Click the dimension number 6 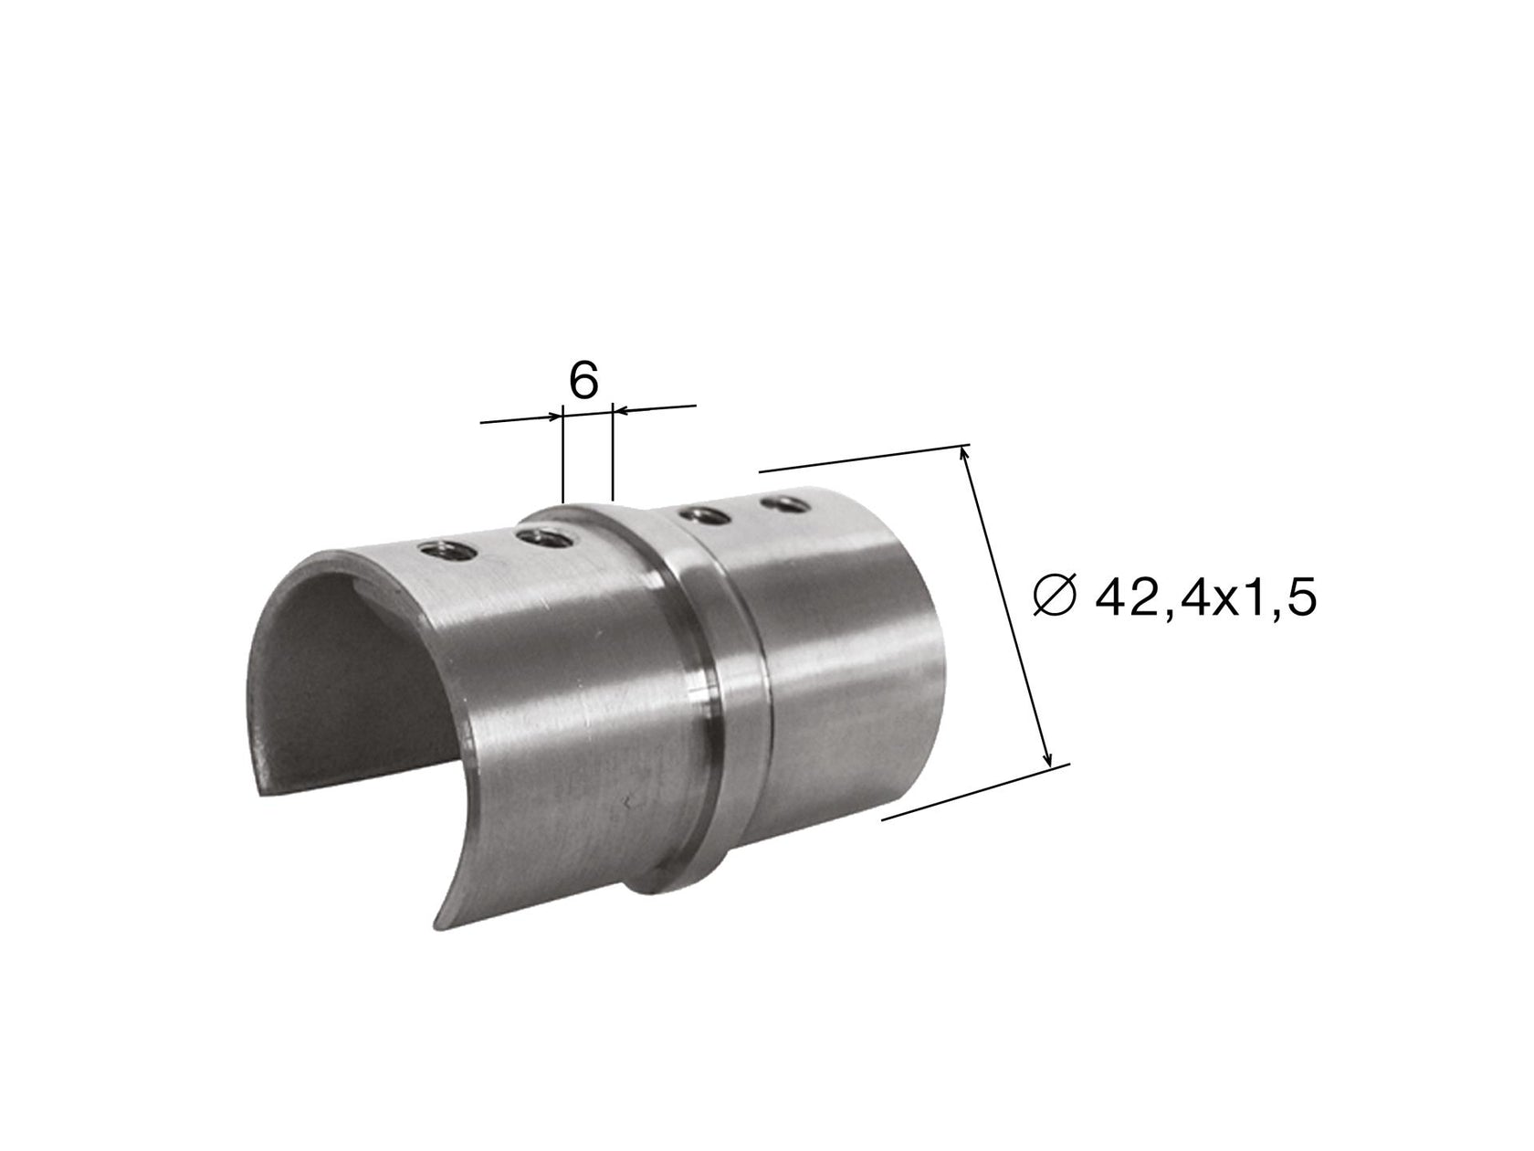[x=583, y=381]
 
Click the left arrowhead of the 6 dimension [x=555, y=417]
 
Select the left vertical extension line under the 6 [x=564, y=461]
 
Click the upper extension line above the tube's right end [x=858, y=459]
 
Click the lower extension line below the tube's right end [x=972, y=793]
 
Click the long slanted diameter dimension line [x=1008, y=607]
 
